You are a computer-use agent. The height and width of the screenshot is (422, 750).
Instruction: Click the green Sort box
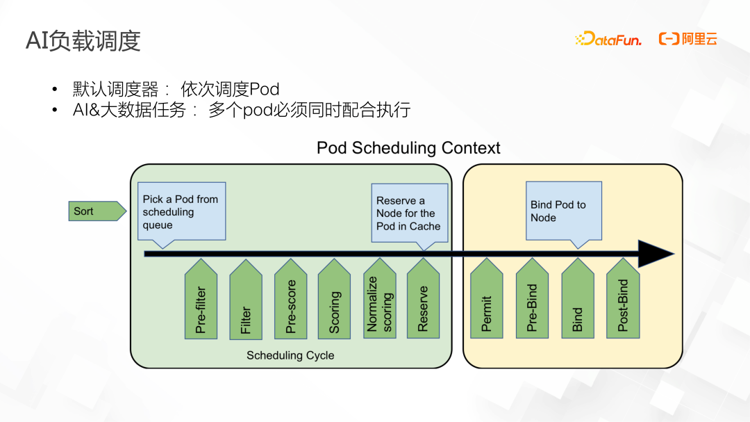pyautogui.click(x=97, y=211)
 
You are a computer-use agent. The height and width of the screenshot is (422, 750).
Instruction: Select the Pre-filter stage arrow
pyautogui.click(x=201, y=300)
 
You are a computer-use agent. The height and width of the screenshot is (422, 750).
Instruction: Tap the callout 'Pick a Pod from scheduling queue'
pyautogui.click(x=181, y=211)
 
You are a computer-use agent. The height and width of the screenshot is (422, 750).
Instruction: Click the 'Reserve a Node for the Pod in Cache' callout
pyautogui.click(x=408, y=213)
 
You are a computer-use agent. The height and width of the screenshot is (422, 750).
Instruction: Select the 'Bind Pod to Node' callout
pyautogui.click(x=563, y=211)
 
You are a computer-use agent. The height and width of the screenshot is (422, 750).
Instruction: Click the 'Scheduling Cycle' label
pyautogui.click(x=290, y=355)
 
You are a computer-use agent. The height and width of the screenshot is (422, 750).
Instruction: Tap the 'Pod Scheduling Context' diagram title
pyautogui.click(x=408, y=148)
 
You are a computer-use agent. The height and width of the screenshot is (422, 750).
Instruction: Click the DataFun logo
pyautogui.click(x=609, y=40)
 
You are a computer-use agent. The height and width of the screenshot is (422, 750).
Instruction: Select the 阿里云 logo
pyautogui.click(x=687, y=40)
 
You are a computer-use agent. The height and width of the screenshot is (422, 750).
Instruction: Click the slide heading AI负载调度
pyautogui.click(x=83, y=41)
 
